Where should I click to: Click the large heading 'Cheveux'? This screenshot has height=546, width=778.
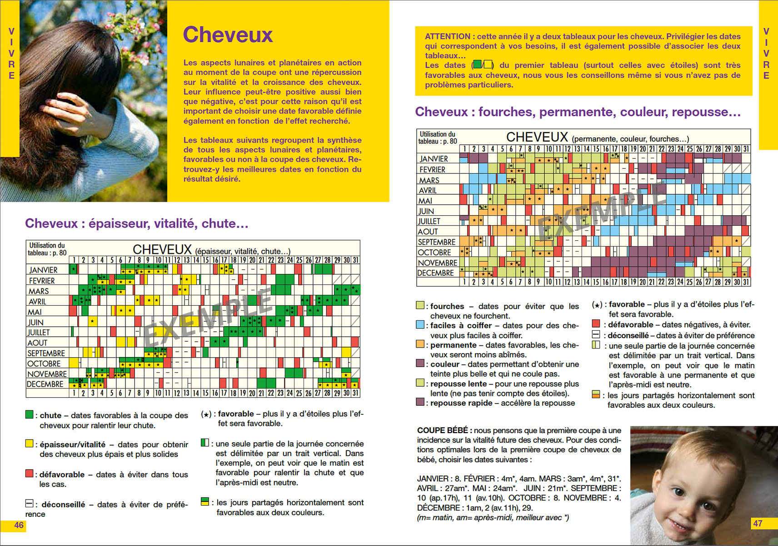point(228,35)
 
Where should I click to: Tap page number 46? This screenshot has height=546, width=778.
point(19,525)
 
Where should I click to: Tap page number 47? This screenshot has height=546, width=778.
point(758,523)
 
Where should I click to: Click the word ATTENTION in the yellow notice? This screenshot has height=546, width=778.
point(447,36)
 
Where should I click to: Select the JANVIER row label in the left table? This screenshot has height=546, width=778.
point(43,270)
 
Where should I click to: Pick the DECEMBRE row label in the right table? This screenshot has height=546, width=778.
point(436,273)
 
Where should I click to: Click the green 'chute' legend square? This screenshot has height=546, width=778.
point(30,415)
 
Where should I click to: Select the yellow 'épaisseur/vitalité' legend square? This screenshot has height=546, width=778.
point(30,444)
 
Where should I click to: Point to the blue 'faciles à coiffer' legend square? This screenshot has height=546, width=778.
point(420,325)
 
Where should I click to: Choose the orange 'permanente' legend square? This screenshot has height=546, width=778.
point(420,344)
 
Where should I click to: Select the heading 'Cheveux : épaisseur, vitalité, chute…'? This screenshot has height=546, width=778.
point(136,223)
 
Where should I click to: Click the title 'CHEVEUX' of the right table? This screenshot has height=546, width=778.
point(537,137)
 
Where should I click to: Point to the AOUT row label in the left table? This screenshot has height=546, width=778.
point(37,343)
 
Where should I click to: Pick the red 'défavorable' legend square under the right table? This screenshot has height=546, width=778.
point(596,324)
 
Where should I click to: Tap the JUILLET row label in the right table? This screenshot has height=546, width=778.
point(429,221)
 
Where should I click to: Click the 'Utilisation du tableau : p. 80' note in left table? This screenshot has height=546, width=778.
point(47,249)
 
